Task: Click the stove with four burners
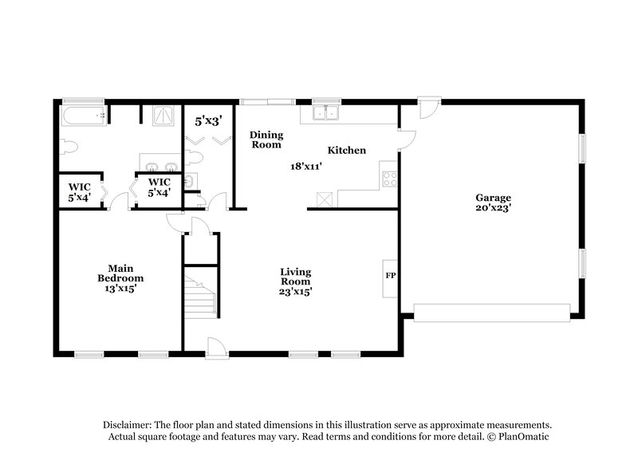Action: [x=390, y=179]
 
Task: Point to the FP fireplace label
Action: [x=391, y=276]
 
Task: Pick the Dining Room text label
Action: [x=266, y=140]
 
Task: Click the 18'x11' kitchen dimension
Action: [x=305, y=167]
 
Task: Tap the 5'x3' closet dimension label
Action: [x=208, y=122]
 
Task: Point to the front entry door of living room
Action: [x=215, y=346]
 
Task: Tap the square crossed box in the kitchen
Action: [x=323, y=199]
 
